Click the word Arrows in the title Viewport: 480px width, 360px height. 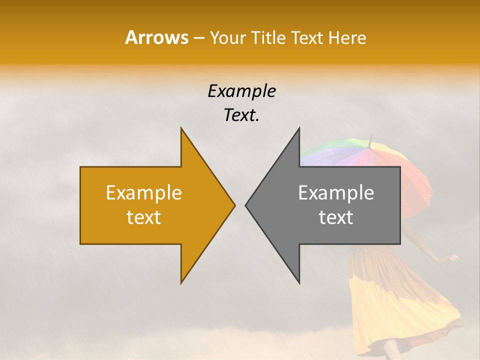(x=156, y=37)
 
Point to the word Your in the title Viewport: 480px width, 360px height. (x=228, y=37)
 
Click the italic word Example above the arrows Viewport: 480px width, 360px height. (x=241, y=91)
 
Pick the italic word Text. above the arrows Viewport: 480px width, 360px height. (x=241, y=115)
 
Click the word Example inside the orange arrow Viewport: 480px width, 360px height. (x=144, y=192)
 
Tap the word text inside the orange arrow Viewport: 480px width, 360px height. (x=144, y=217)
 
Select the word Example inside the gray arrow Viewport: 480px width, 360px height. (x=336, y=192)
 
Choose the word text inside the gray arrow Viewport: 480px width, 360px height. (x=336, y=217)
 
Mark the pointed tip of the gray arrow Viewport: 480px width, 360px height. (x=246, y=204)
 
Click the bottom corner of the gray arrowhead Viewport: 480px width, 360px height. (x=299, y=282)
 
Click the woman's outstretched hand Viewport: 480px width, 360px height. (x=454, y=258)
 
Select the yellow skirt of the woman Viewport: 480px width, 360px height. (x=395, y=300)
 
